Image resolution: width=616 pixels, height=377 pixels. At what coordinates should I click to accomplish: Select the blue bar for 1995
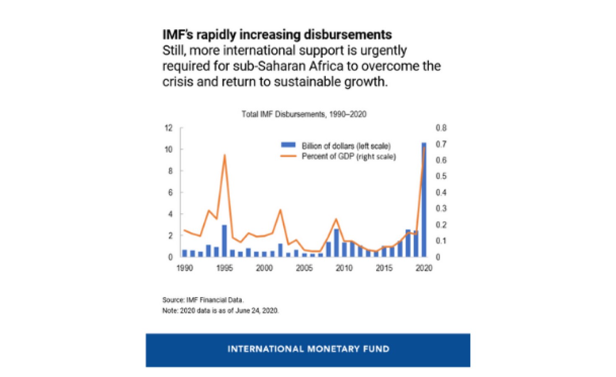224,241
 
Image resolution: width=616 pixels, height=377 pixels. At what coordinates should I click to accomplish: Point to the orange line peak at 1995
225,155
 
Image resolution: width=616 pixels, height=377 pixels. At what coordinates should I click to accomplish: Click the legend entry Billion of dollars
346,146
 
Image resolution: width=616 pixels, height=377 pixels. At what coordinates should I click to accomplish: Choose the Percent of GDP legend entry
348,157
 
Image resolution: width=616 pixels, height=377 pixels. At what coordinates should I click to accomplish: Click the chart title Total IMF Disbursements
304,114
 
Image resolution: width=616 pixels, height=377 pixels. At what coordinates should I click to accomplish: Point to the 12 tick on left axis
168,128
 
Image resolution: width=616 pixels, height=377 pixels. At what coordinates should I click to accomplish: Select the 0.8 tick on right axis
441,128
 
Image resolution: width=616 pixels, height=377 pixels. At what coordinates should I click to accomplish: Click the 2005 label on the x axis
304,268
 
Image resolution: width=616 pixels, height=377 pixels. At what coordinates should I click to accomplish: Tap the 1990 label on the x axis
184,268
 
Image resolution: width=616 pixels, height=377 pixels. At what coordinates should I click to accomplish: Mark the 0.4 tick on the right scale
441,192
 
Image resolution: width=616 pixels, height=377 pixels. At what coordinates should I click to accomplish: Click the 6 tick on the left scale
170,192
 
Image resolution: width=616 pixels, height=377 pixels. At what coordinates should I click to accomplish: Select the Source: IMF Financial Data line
203,300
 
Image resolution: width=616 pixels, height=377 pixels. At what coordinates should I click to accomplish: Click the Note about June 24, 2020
220,310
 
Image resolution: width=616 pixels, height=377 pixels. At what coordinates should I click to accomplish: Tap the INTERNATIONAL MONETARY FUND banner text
308,349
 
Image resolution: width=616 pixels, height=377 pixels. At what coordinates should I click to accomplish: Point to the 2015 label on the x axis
384,268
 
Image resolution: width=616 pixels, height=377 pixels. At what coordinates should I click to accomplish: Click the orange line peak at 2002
280,210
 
